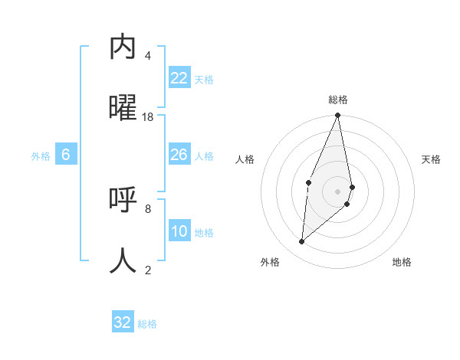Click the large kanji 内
(123, 47)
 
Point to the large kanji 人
(123, 260)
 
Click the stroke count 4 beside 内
(148, 56)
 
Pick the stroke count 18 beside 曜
(148, 117)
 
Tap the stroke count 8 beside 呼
(148, 208)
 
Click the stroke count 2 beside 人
(148, 270)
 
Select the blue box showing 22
(179, 78)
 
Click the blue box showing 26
(179, 155)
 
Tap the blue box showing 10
(179, 231)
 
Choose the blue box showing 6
(66, 155)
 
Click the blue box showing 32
(123, 322)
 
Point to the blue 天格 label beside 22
(204, 80)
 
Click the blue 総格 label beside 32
(147, 324)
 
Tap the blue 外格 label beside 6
(41, 156)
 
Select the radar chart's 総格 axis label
(338, 100)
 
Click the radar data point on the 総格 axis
(337, 116)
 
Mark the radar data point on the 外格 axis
(301, 242)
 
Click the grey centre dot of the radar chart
(337, 191)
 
